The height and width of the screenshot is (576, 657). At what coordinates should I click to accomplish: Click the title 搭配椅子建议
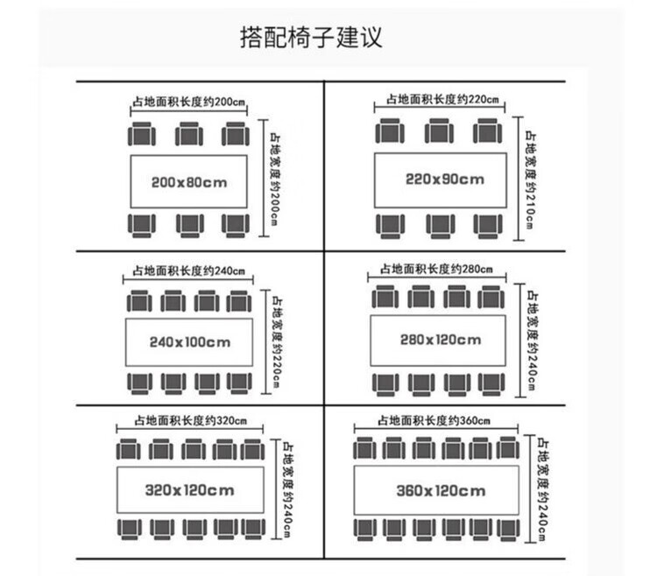tap(311, 38)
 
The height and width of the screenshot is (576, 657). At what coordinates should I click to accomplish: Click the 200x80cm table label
tap(188, 182)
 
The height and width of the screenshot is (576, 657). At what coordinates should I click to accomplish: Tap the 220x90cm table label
tap(444, 179)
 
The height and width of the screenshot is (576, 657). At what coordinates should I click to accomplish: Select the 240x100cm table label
tap(189, 341)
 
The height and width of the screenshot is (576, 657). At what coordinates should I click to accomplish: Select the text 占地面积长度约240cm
tap(188, 270)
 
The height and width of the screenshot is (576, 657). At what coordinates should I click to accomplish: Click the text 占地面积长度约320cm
tap(190, 418)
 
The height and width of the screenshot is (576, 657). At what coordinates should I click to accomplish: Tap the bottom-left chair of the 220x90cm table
tap(390, 225)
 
